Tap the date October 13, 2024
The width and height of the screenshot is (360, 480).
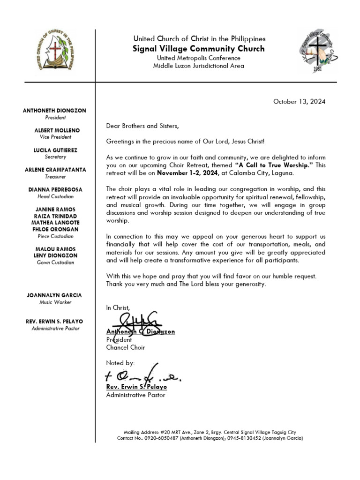pyautogui.click(x=299, y=101)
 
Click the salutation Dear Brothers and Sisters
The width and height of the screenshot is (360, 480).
pyautogui.click(x=142, y=126)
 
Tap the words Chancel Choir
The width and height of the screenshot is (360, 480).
pyautogui.click(x=126, y=347)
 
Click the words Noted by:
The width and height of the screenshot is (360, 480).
pyautogui.click(x=120, y=363)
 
